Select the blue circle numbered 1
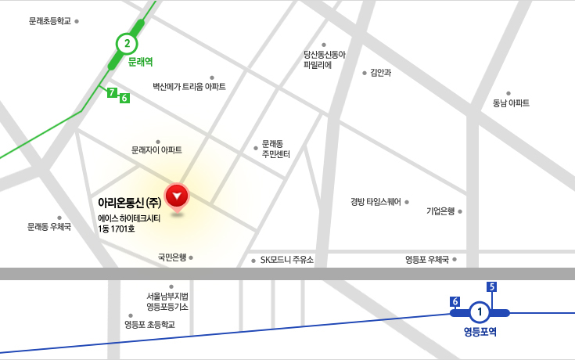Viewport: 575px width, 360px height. (480, 313)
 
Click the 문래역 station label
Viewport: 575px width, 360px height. (140, 61)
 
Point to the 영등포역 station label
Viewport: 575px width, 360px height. (480, 332)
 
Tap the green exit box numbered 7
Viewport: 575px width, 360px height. (112, 93)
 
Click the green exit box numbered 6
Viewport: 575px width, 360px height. (124, 98)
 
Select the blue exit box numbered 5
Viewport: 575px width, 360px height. (492, 286)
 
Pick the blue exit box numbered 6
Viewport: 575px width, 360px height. (455, 301)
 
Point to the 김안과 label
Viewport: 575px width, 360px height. (381, 73)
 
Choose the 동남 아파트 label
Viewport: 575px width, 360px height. (511, 103)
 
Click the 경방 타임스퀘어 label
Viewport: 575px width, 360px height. (376, 201)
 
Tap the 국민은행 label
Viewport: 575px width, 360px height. (171, 257)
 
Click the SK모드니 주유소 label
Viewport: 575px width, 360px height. (286, 261)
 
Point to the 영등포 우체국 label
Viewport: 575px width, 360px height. (426, 260)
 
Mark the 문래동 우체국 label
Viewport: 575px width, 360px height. (49, 227)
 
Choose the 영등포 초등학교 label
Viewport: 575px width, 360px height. (149, 324)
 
